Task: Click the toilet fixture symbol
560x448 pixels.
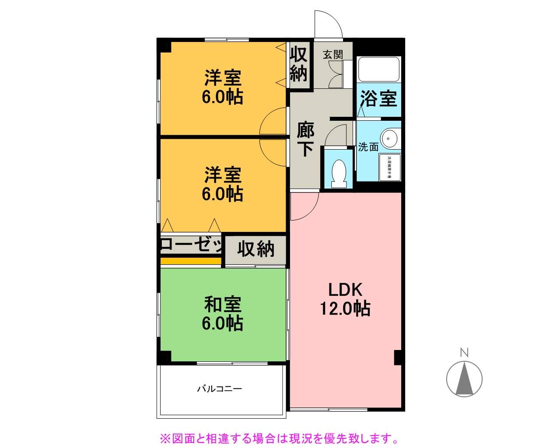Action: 339,173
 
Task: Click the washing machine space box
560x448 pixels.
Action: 389,167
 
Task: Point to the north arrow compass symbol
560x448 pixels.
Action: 464,378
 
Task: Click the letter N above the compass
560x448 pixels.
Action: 464,352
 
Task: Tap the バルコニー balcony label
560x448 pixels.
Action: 219,388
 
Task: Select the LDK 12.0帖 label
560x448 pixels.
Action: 345,299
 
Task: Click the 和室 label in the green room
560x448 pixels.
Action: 223,304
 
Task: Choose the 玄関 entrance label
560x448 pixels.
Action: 332,55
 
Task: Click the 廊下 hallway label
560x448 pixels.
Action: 305,139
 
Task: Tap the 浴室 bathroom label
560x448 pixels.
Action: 378,98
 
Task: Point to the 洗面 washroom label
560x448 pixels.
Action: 368,147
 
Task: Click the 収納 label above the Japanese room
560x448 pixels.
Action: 256,249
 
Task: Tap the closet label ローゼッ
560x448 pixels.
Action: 192,245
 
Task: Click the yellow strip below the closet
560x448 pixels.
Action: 191,261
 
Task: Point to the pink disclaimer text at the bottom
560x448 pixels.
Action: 279,438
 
